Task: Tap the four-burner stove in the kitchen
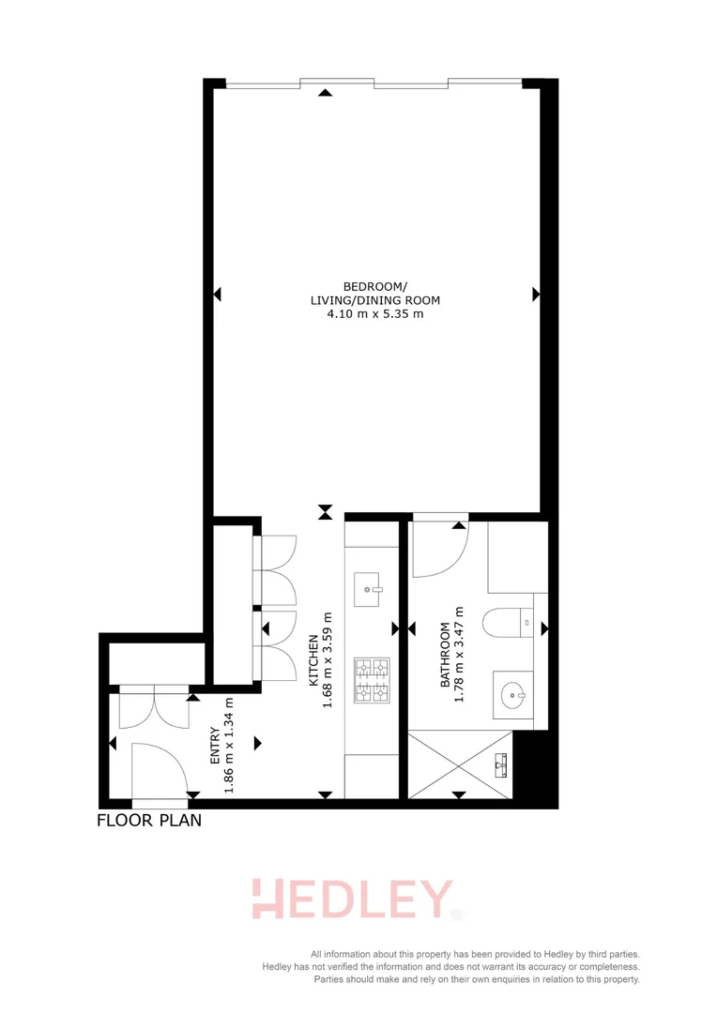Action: [x=371, y=681]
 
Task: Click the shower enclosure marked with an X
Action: [x=461, y=764]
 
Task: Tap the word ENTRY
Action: [x=215, y=746]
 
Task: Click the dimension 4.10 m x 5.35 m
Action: [x=374, y=314]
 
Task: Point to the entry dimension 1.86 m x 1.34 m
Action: [x=228, y=746]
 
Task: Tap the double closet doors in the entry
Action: [x=155, y=708]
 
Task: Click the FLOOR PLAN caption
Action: [x=149, y=822]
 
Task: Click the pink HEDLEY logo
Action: [x=352, y=900]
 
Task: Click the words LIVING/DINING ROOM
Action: [x=374, y=300]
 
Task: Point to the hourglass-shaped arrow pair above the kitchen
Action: [x=325, y=511]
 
